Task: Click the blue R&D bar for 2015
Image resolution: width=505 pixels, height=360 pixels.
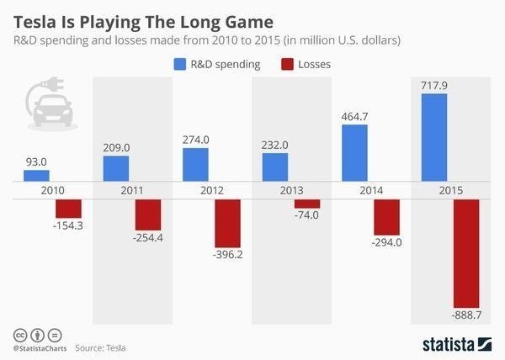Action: click(x=433, y=137)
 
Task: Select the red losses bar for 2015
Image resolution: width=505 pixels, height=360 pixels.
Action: click(x=466, y=253)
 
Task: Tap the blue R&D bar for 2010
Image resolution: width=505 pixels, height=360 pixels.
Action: click(x=36, y=175)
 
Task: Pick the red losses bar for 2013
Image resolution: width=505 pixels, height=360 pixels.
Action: click(x=307, y=204)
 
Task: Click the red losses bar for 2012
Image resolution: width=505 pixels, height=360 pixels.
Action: click(x=227, y=222)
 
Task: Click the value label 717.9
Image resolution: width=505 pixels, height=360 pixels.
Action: click(x=433, y=84)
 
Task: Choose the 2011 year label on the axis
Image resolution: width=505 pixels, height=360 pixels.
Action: click(x=132, y=190)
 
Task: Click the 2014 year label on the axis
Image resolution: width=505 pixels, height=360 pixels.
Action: click(x=371, y=190)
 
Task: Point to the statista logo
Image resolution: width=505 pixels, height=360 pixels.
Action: click(x=455, y=343)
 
